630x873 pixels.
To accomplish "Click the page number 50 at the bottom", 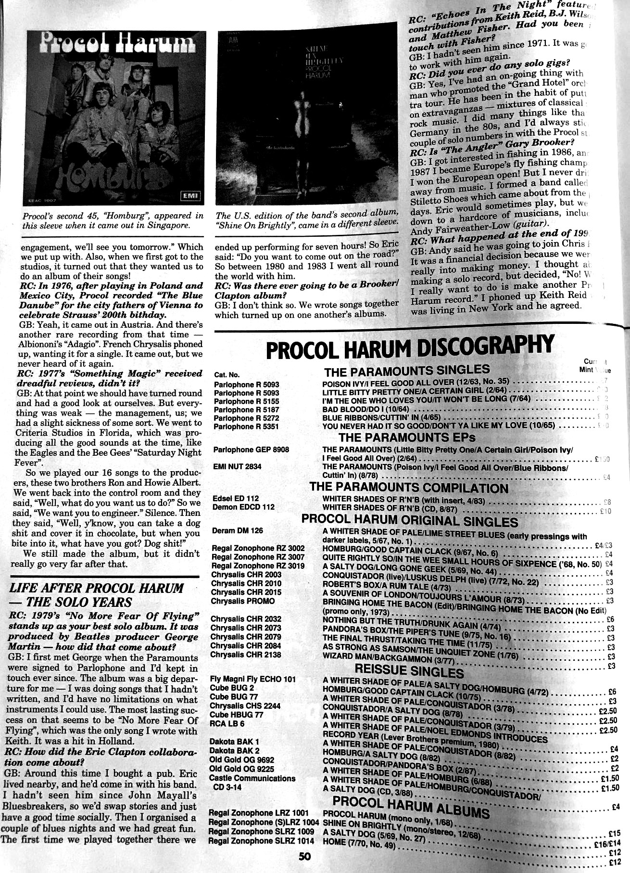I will [305, 857].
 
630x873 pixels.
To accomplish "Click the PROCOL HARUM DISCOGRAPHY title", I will [410, 348].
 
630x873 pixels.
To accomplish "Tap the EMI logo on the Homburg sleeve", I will [190, 196].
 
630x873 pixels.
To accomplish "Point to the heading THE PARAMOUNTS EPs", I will [407, 437].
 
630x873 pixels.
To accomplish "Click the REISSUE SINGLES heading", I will [409, 670].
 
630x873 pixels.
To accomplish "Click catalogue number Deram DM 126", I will [238, 531].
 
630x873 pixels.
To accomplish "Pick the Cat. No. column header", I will [227, 375].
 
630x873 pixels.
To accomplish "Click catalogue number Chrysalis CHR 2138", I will [245, 655].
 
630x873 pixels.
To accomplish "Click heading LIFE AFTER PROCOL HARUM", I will [96, 589].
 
